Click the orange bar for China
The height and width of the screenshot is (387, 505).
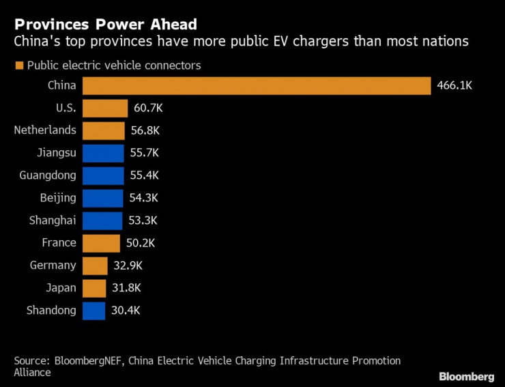[x=256, y=86]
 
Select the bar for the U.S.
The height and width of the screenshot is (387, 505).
[x=105, y=109]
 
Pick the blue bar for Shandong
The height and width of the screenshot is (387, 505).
[x=94, y=311]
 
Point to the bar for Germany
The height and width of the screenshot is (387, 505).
[x=95, y=266]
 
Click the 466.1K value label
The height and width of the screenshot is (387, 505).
[x=454, y=86]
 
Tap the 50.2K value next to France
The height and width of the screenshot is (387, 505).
[x=141, y=243]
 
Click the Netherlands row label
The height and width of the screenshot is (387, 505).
[x=45, y=130]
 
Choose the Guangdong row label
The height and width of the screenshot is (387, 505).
[x=48, y=175]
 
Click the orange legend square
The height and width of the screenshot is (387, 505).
[x=18, y=66]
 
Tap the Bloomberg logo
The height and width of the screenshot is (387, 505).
[x=466, y=376]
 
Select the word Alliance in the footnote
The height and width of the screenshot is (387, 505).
[x=32, y=373]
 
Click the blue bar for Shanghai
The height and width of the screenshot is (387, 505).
[x=102, y=220]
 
